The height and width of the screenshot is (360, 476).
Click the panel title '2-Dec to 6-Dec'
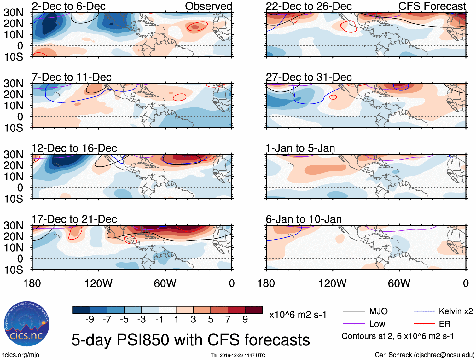(68, 6)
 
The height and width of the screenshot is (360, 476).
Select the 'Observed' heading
(208, 6)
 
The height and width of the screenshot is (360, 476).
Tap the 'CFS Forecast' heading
(432, 6)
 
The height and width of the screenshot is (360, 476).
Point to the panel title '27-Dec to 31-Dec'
(309, 77)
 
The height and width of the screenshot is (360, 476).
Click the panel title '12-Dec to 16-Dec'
(74, 148)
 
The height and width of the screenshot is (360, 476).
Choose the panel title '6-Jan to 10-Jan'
(304, 219)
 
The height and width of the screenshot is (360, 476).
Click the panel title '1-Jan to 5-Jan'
(300, 148)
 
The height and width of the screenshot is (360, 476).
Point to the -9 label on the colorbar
(90, 320)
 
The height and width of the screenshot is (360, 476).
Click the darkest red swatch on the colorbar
(254, 310)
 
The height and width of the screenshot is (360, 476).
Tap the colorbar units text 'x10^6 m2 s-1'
(298, 315)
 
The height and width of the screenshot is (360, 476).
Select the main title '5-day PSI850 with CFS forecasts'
(190, 340)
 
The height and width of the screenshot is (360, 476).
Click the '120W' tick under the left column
(98, 283)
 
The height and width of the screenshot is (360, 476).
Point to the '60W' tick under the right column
(399, 283)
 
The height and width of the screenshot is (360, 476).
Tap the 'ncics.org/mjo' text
(20, 355)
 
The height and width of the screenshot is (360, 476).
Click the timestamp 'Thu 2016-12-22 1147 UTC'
(238, 355)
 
